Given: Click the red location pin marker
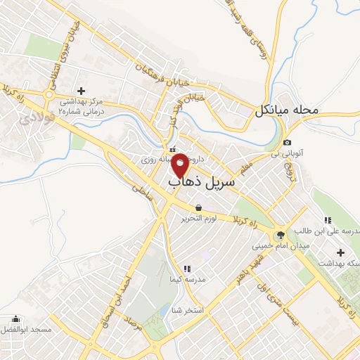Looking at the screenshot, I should tap(180, 164).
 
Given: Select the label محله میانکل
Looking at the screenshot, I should tap(287, 110).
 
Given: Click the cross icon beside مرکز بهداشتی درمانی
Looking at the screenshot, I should tap(81, 91).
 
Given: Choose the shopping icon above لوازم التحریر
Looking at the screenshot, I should tap(199, 207).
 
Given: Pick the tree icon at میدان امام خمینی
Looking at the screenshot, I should tap(281, 235).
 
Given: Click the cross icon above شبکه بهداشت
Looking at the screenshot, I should tap(341, 252).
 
